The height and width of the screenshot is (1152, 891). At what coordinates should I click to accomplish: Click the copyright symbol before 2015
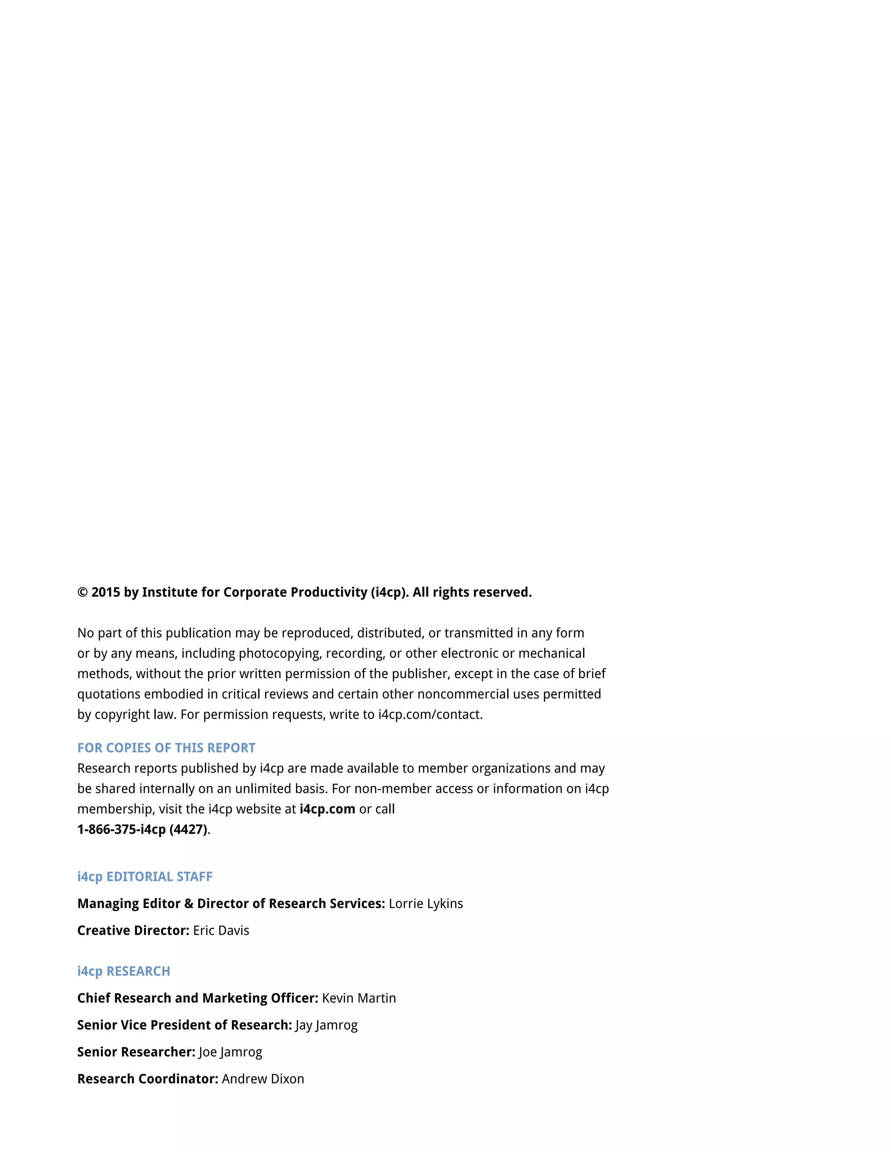[x=82, y=593]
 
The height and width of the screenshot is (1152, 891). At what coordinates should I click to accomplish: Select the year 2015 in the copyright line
[x=106, y=593]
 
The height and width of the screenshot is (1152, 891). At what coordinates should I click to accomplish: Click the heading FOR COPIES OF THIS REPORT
[x=166, y=748]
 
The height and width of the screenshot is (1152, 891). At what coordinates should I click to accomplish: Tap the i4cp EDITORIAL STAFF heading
[x=144, y=877]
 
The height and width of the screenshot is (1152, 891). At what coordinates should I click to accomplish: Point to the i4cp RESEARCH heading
[x=124, y=971]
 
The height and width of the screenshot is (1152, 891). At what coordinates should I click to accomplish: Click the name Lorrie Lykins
[x=426, y=904]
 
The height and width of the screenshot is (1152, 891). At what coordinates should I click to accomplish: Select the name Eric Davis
[x=221, y=930]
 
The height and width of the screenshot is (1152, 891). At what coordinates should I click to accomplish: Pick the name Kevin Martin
[x=359, y=998]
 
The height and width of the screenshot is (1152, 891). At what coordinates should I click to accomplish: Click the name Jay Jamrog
[x=327, y=1025]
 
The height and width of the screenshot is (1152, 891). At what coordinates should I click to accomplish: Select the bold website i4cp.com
[x=327, y=809]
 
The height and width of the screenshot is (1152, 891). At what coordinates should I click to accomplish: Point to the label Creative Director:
[x=133, y=930]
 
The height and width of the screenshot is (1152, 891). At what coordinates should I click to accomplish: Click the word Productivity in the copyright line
[x=328, y=593]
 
